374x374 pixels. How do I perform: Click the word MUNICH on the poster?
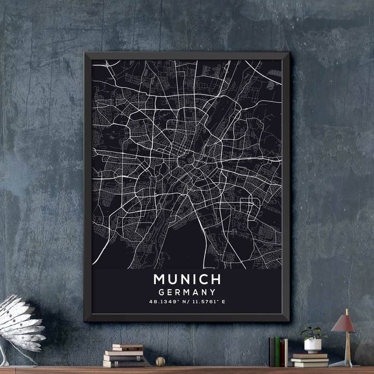pos(187,279)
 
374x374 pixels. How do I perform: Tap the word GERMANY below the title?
pos(187,292)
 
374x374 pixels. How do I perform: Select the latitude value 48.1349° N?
pos(167,301)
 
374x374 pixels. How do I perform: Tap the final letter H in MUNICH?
pos(216,279)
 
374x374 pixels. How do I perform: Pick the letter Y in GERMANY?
pos(212,292)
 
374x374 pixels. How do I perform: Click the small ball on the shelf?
pos(161,361)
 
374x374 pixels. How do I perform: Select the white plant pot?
pos(313,345)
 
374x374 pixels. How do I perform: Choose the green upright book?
pos(277,352)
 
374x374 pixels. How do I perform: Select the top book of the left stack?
pos(127,346)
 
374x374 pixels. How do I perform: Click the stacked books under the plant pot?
pos(309,360)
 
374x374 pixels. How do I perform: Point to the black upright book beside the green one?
pos(272,352)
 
